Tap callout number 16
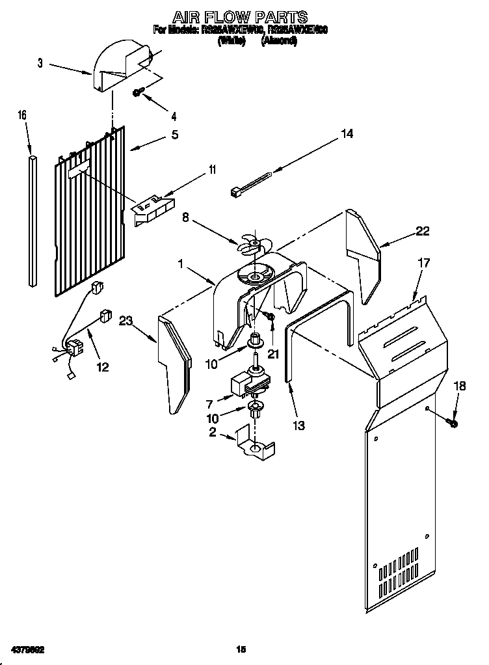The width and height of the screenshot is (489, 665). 22,115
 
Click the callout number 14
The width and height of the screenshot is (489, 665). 347,134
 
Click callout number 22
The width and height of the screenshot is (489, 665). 423,230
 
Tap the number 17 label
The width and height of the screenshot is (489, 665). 424,263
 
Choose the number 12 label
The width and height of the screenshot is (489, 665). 102,367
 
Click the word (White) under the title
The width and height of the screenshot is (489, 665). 231,40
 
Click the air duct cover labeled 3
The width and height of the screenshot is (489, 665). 120,65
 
